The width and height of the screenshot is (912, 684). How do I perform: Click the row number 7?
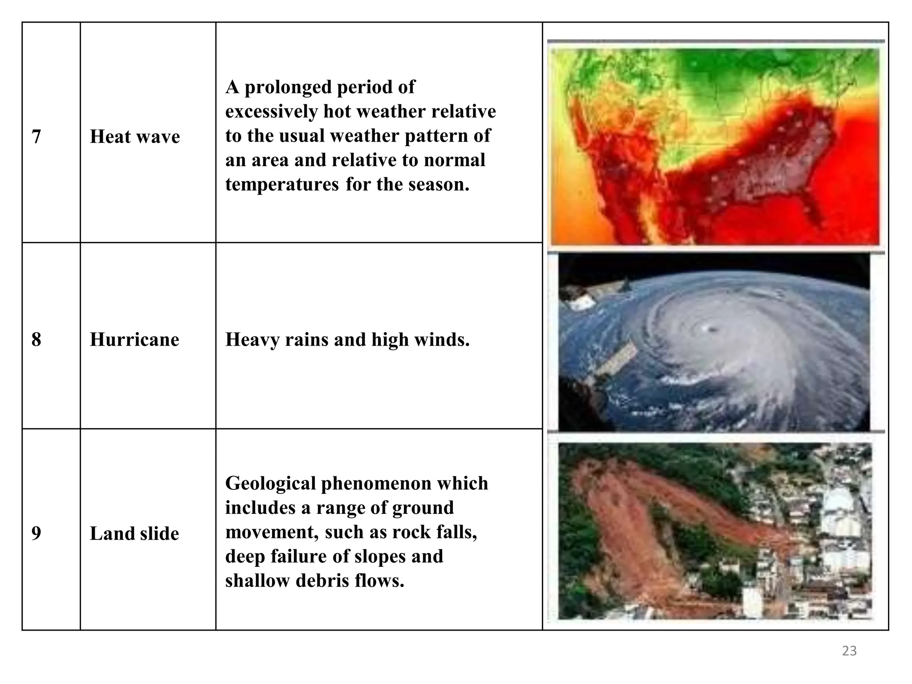(37, 137)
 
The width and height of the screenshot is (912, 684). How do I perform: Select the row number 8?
(37, 340)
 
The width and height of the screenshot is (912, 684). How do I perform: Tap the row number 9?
(37, 533)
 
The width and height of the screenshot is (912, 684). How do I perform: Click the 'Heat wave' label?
(135, 137)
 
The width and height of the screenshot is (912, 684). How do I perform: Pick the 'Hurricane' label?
(134, 340)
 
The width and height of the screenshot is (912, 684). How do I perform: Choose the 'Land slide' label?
(134, 533)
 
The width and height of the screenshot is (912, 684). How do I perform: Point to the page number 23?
(849, 651)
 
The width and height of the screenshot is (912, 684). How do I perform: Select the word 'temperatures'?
(282, 184)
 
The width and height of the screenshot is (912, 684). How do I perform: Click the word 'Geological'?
(270, 484)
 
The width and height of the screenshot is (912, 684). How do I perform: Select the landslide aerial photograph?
(715, 531)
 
